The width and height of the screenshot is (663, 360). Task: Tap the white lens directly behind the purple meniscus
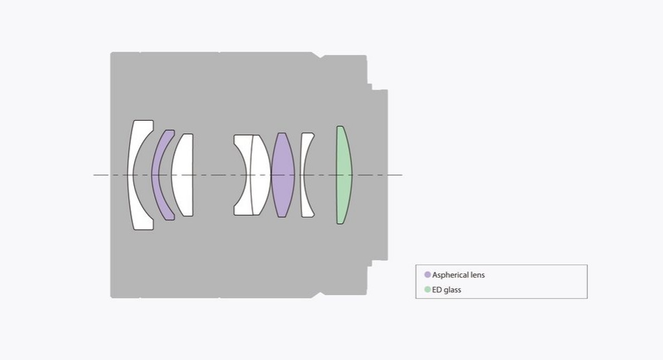(x=183, y=175)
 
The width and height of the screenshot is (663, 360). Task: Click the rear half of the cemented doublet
(x=260, y=175)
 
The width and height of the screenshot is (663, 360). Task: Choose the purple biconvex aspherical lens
(x=283, y=175)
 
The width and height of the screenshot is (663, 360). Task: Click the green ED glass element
(x=343, y=175)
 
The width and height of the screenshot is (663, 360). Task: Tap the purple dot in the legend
(x=428, y=275)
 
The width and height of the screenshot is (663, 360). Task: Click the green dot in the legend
(x=428, y=290)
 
